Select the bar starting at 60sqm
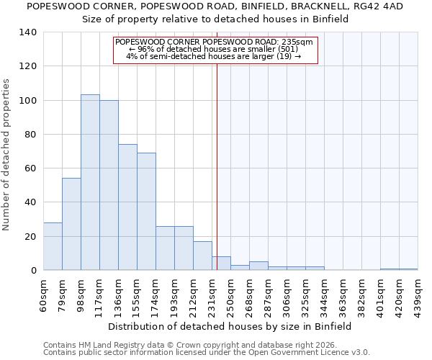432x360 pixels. click(x=53, y=246)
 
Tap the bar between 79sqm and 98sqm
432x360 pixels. click(x=71, y=224)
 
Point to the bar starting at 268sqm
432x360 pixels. click(x=258, y=266)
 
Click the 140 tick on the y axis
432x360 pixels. click(x=28, y=32)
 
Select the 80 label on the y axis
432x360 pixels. click(x=30, y=135)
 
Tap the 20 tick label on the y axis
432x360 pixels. click(x=30, y=237)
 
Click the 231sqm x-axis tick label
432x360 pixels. click(x=212, y=295)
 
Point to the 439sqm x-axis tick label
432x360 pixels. click(x=418, y=295)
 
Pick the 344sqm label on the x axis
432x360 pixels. click(x=324, y=295)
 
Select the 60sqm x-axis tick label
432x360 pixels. click(x=43, y=295)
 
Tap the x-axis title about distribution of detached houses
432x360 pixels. click(x=230, y=326)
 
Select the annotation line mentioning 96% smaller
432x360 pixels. click(x=215, y=49)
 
